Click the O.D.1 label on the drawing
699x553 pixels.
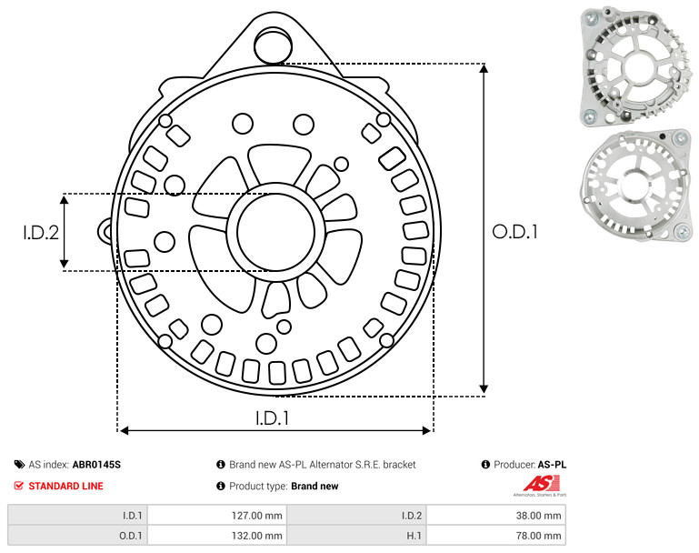tap(514, 232)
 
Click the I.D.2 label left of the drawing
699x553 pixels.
tap(41, 233)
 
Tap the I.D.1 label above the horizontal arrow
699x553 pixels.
tap(272, 418)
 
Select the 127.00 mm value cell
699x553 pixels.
tap(217, 516)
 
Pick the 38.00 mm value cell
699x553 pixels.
tap(496, 516)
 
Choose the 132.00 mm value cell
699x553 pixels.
tap(217, 535)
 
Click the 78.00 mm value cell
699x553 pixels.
tap(496, 535)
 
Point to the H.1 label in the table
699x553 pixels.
tap(414, 536)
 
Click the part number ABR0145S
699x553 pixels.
tap(96, 465)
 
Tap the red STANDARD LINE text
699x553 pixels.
tap(66, 486)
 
